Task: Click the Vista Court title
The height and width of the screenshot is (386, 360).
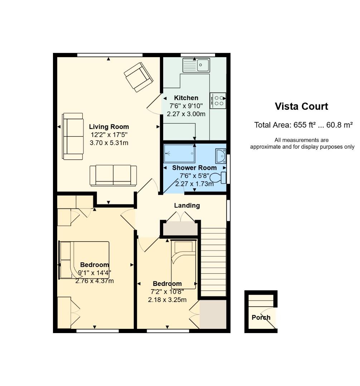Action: pos(301,107)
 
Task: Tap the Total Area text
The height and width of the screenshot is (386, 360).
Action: pos(303,125)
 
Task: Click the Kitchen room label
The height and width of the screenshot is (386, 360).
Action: pos(186,98)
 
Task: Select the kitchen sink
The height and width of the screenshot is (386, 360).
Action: pos(196,65)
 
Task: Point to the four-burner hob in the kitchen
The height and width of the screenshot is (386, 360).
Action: pos(218,100)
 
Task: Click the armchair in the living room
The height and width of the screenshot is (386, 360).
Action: pos(138,76)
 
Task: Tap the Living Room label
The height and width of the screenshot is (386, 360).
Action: pos(109,127)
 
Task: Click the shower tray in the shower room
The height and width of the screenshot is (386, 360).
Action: pos(180,154)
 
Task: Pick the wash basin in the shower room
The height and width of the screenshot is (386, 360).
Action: pos(220,156)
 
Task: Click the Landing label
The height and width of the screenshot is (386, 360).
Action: pos(187,206)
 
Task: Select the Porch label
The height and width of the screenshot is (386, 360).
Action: pos(261,317)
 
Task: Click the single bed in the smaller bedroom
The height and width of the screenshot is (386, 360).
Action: pos(183,264)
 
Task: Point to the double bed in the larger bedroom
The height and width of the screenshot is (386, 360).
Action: pos(84,259)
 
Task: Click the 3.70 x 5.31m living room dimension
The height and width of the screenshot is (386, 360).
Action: pos(109,143)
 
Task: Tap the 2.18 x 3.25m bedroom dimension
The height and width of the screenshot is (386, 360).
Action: pos(167,300)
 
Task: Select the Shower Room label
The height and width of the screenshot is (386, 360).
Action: pos(194,168)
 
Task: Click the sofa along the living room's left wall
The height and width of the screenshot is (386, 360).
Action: pos(73,136)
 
